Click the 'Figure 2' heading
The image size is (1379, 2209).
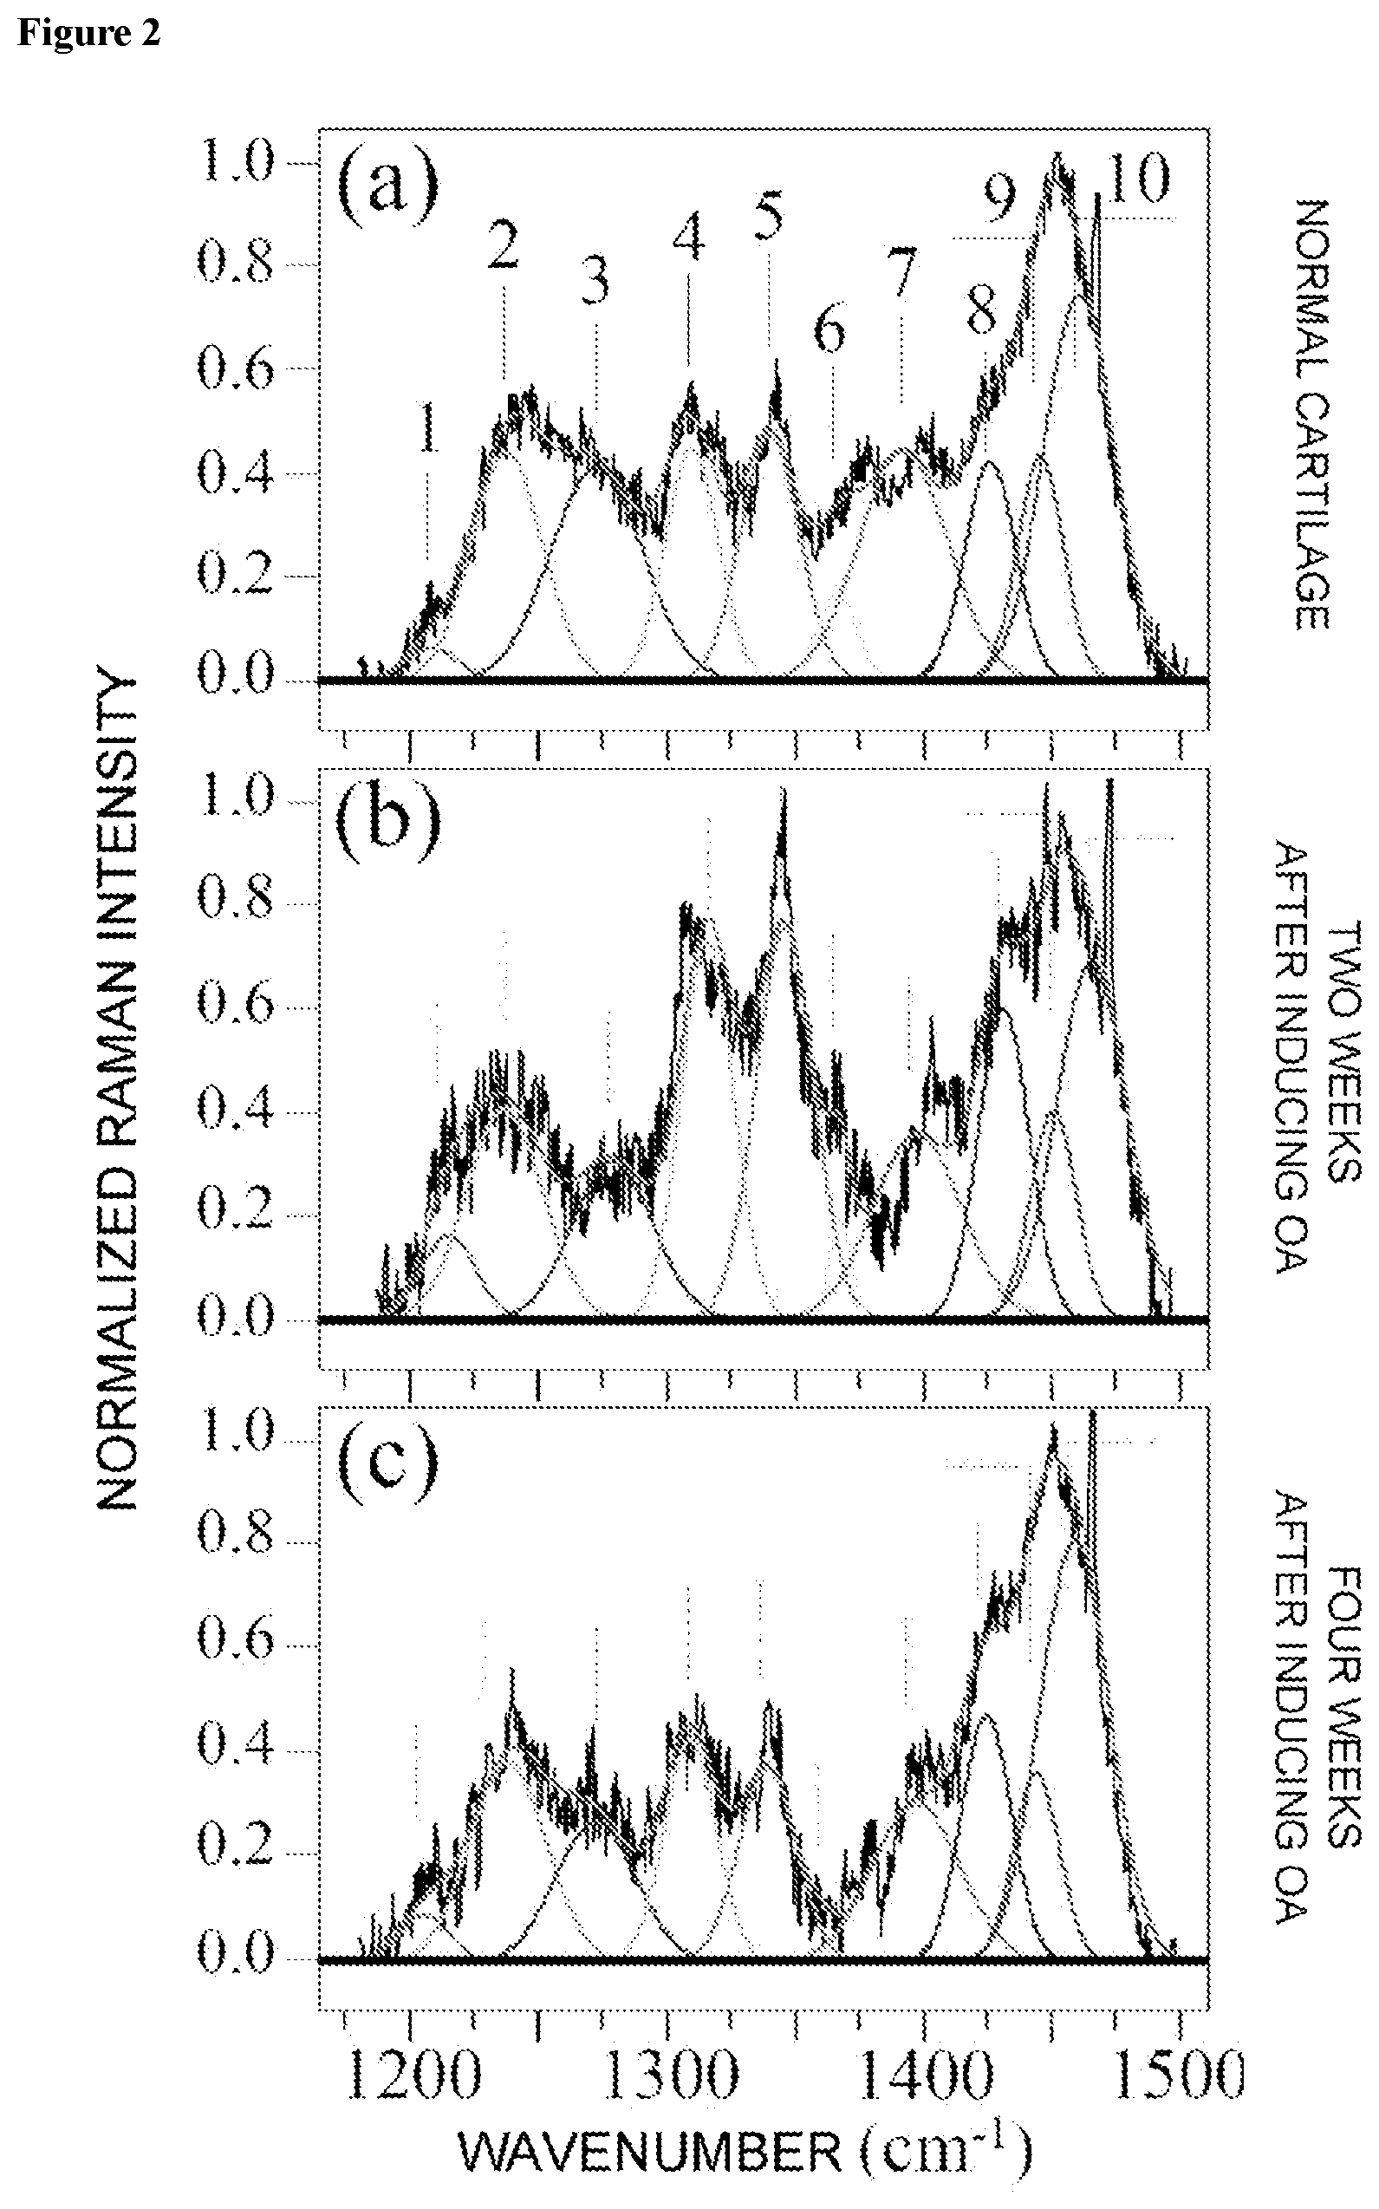pyautogui.click(x=88, y=32)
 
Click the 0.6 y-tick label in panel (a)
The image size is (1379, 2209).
pyautogui.click(x=235, y=368)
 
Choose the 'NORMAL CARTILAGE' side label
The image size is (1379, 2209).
pyautogui.click(x=1312, y=414)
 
